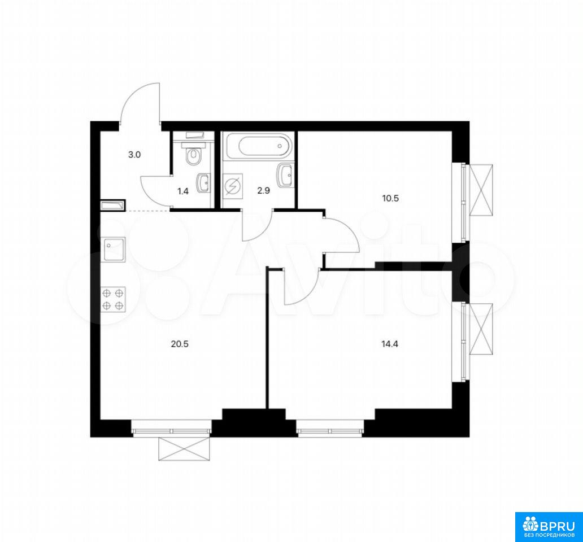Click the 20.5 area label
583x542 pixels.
pyautogui.click(x=180, y=344)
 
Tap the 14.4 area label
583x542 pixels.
pyautogui.click(x=390, y=344)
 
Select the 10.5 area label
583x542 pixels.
pyautogui.click(x=390, y=198)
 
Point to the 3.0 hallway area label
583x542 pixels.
pyautogui.click(x=134, y=155)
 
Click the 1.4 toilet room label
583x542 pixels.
pyautogui.click(x=183, y=191)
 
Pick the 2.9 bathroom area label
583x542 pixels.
pyautogui.click(x=264, y=191)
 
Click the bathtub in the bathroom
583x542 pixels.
pyautogui.click(x=264, y=146)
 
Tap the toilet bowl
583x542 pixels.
pyautogui.click(x=193, y=156)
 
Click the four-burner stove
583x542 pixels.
pyautogui.click(x=114, y=299)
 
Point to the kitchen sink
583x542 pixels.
pyautogui.click(x=113, y=250)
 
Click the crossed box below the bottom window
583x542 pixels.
pyautogui.click(x=184, y=449)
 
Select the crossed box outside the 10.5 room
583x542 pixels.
pyautogui.click(x=481, y=190)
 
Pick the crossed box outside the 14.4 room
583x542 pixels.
pyautogui.click(x=481, y=329)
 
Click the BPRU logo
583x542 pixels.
pyautogui.click(x=549, y=527)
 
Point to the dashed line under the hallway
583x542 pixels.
pyautogui.click(x=148, y=211)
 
